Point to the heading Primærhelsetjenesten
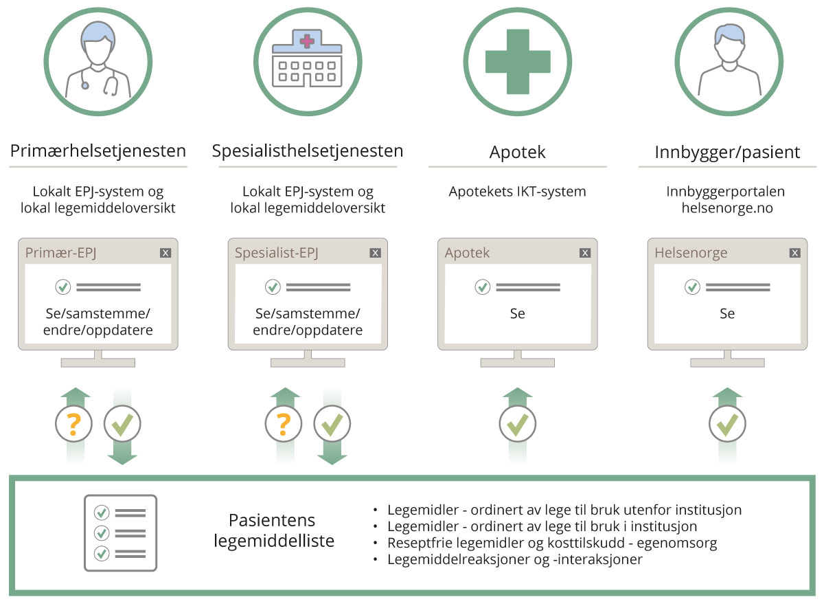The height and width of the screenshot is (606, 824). (98, 151)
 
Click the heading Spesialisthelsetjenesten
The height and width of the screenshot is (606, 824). (307, 151)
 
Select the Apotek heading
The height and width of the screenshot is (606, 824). (517, 153)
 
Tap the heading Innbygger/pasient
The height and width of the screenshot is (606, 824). (727, 153)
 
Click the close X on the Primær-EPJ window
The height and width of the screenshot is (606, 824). (165, 253)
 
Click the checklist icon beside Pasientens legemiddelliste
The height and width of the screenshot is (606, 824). (120, 532)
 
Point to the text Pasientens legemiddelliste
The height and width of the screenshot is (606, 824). (273, 530)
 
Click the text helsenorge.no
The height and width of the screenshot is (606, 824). (726, 207)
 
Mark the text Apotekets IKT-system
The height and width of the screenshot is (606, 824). (517, 192)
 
